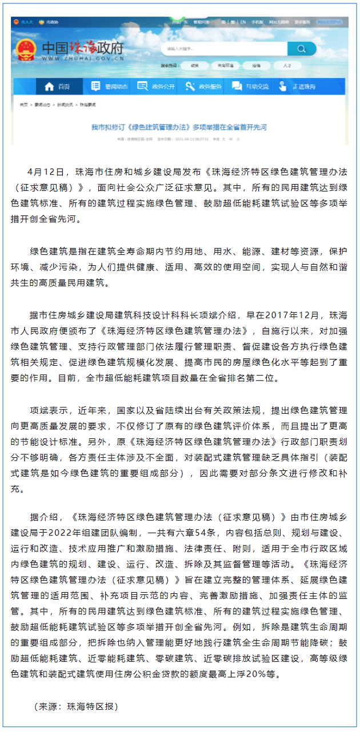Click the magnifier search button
pos(302,49)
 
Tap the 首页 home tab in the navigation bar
pos(57,87)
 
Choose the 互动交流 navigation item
pos(250,87)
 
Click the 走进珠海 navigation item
pos(298,87)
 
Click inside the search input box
pos(223,49)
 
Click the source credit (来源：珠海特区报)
pos(75,706)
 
